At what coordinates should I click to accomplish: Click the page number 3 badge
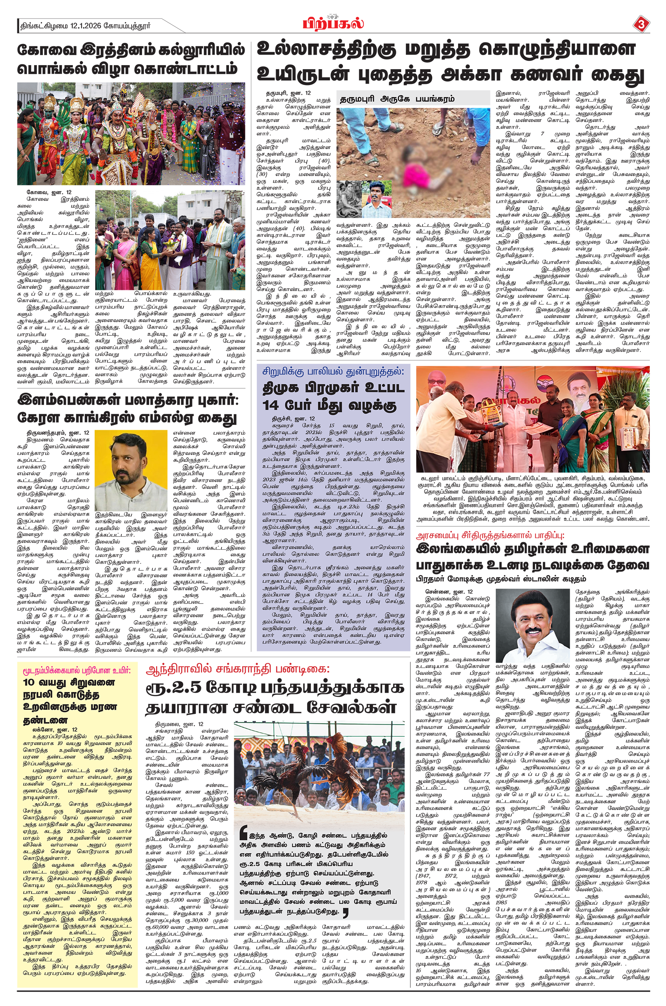pyautogui.click(x=640, y=24)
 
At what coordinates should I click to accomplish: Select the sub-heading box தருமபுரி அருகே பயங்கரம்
pyautogui.click(x=397, y=99)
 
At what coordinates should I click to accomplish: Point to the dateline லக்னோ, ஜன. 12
pyautogui.click(x=49, y=729)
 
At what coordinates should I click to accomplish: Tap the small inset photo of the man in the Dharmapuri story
pyautogui.click(x=374, y=199)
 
